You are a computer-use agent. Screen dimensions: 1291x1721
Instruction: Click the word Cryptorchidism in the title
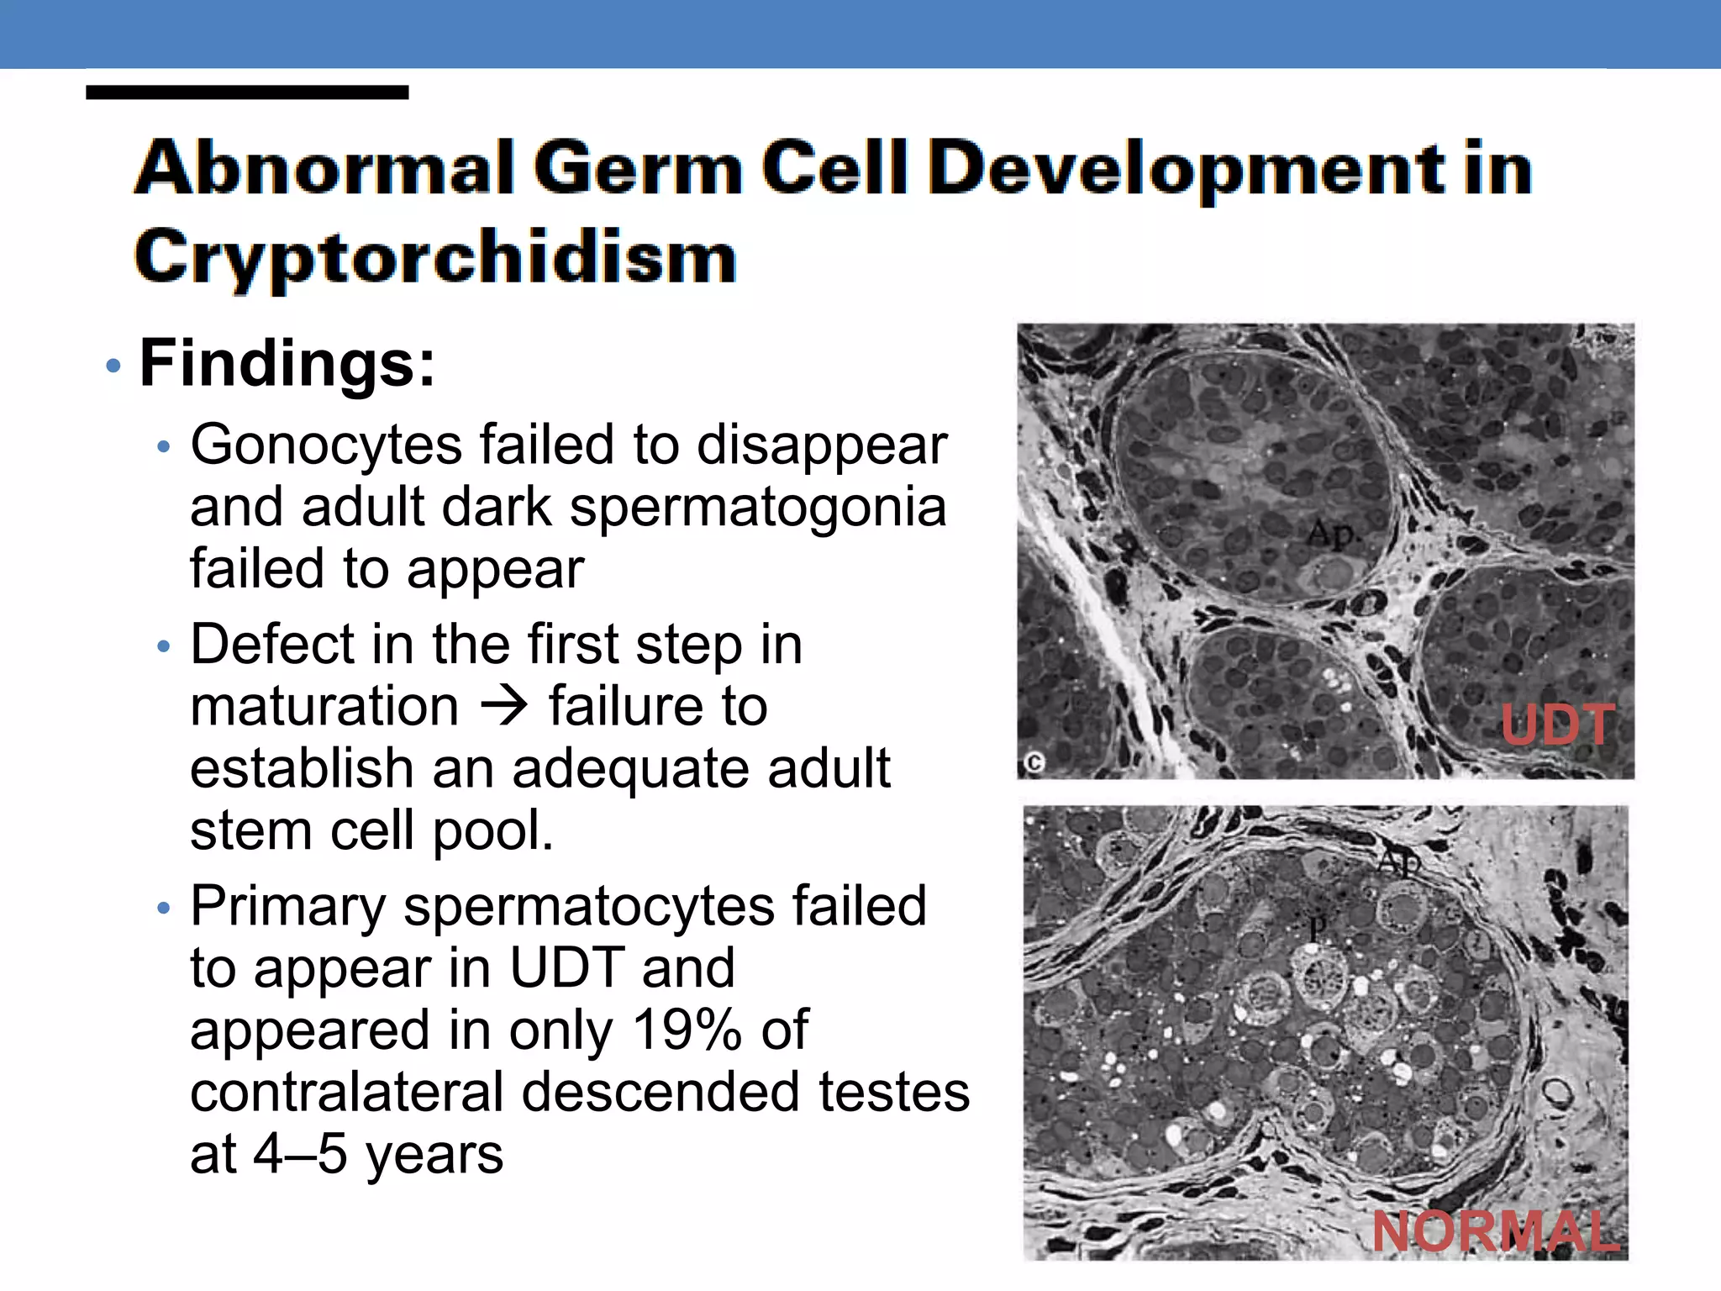[x=435, y=256]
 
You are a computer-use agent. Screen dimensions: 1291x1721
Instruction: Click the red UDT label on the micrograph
[x=1557, y=725]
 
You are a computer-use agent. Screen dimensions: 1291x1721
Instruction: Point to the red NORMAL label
[x=1496, y=1231]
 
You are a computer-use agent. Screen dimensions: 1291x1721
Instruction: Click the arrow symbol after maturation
[x=504, y=706]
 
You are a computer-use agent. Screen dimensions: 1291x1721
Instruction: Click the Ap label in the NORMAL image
[x=1398, y=861]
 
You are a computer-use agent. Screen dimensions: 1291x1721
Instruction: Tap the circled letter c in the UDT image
[x=1034, y=763]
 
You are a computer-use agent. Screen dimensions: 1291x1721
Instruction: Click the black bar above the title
[x=247, y=92]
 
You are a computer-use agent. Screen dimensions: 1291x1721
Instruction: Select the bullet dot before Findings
[x=113, y=366]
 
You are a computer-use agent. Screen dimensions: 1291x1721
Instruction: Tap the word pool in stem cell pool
[x=492, y=831]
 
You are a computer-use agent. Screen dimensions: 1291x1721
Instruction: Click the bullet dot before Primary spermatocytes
[x=164, y=908]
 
